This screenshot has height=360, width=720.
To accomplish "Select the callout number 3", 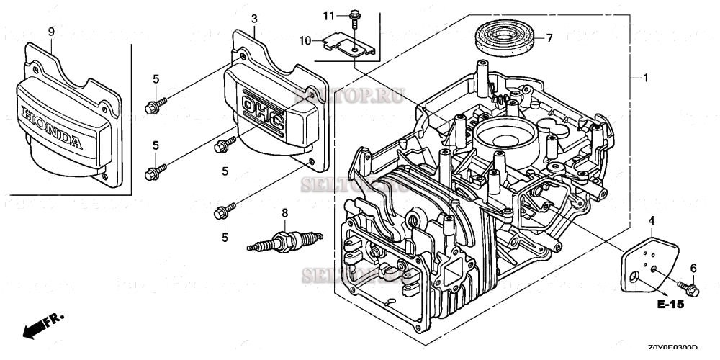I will (254, 17).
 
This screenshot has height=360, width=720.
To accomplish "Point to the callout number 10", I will (306, 41).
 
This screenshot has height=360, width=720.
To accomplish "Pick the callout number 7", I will (549, 38).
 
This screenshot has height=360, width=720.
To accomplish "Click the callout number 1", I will (646, 77).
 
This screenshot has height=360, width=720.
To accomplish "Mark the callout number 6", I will (693, 268).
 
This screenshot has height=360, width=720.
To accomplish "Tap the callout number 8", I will (284, 212).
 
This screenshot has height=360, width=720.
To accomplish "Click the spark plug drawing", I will (283, 238).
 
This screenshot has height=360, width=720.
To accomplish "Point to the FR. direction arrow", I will (43, 325).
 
